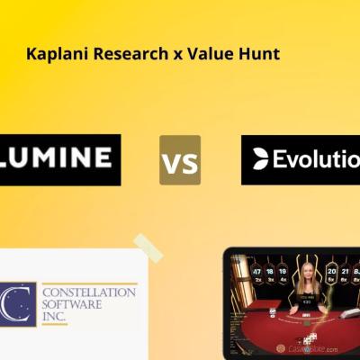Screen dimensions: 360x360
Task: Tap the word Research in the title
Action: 115,55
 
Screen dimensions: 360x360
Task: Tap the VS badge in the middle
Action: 180,161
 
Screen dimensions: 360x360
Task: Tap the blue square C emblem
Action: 17,304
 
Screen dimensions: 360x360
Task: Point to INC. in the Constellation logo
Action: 55,318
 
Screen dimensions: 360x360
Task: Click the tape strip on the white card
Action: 148,247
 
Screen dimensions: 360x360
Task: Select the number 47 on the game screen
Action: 256,271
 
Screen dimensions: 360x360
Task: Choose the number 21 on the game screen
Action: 347,270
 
